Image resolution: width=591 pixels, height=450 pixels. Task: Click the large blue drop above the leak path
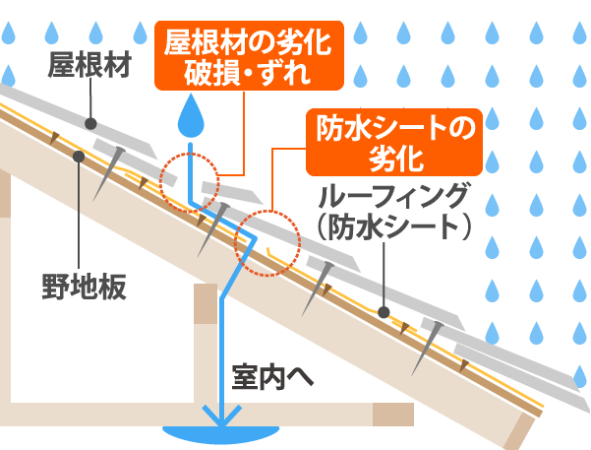[x=193, y=120]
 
